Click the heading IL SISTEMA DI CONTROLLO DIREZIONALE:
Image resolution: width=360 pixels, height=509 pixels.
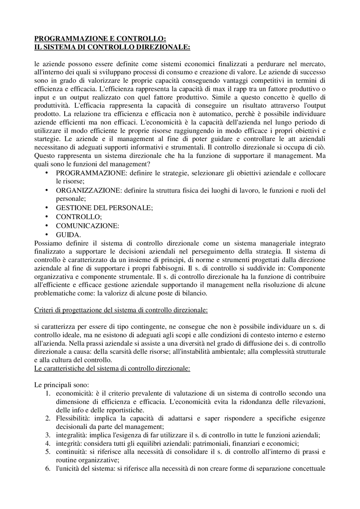click(112, 47)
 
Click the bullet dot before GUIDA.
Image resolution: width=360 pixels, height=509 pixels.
click(46, 234)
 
